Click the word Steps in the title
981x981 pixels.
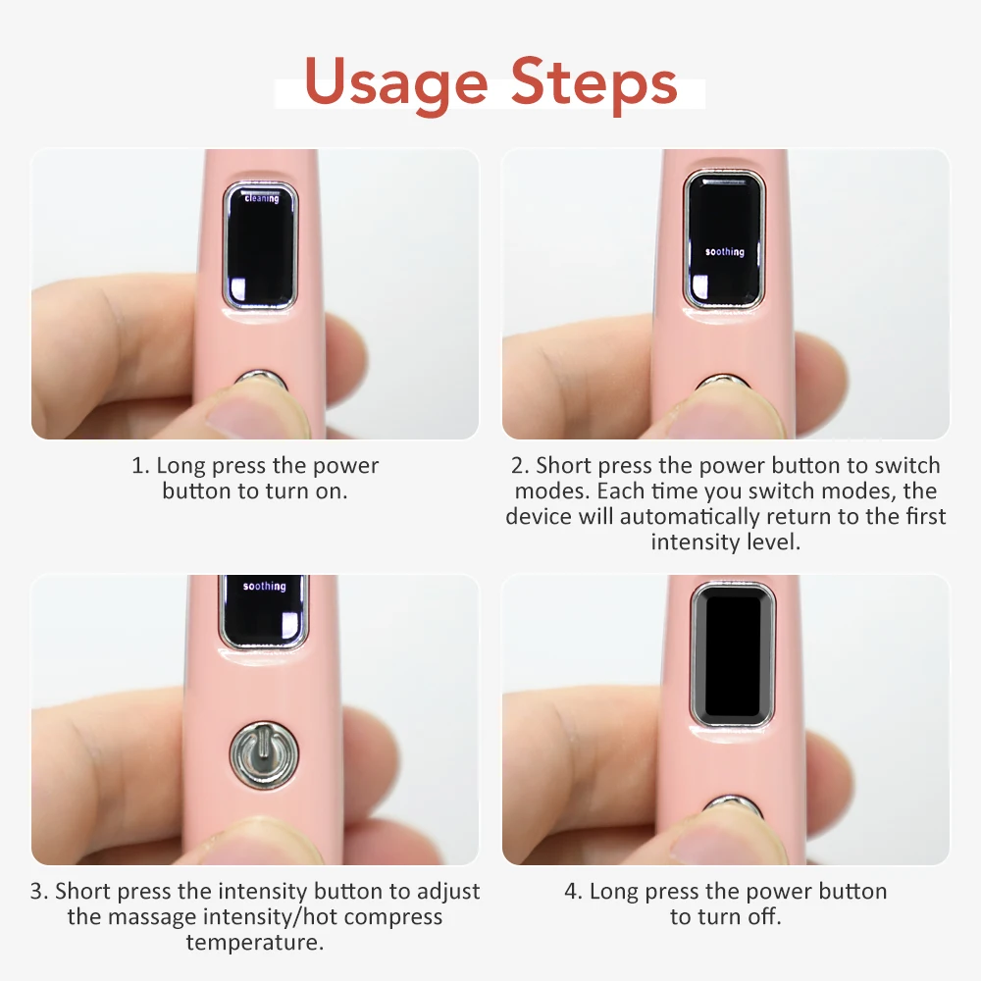[x=594, y=82]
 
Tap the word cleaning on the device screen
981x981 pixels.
[x=262, y=198]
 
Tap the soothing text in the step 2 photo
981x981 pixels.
[x=725, y=252]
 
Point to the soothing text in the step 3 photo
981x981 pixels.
[x=264, y=587]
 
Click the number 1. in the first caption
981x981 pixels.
[x=140, y=466]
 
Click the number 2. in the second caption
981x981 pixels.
[x=520, y=466]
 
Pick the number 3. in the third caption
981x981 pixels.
[x=39, y=892]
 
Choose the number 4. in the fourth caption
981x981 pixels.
[x=574, y=892]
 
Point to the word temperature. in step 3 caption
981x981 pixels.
[x=255, y=943]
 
